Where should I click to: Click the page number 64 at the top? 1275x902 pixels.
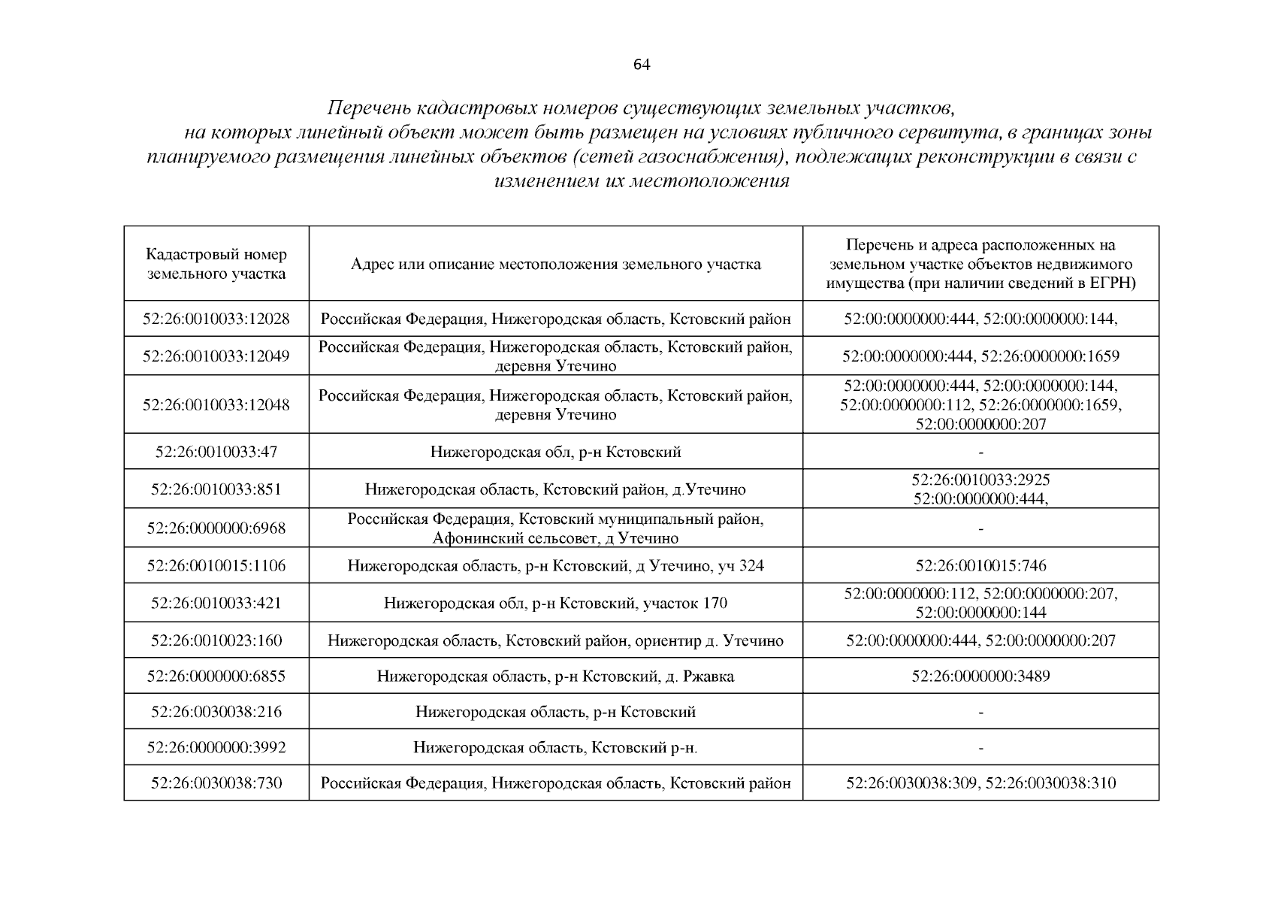[641, 65]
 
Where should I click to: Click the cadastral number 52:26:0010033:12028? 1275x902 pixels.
[216, 319]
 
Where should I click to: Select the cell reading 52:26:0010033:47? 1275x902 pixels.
[216, 452]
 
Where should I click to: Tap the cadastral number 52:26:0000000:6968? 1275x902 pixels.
[216, 528]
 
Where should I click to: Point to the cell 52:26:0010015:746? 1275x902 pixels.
[980, 565]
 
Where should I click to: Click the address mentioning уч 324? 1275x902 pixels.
[555, 565]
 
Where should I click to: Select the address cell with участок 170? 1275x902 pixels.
[555, 603]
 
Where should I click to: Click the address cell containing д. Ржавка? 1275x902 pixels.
[555, 676]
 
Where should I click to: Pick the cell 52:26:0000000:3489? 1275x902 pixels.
[980, 676]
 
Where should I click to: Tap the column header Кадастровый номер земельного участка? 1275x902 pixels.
[216, 264]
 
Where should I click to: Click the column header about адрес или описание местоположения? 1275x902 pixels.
[555, 264]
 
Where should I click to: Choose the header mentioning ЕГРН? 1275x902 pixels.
[980, 264]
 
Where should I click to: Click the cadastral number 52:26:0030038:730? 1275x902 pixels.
[216, 783]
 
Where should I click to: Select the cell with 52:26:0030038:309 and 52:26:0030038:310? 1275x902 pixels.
[980, 783]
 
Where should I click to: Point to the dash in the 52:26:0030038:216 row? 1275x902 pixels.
[981, 712]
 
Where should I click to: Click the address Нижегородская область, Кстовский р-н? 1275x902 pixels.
[555, 748]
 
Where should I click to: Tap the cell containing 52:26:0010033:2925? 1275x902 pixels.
[980, 480]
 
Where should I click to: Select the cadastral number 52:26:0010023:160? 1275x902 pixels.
[216, 640]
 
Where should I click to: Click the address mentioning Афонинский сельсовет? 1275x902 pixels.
[555, 528]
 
